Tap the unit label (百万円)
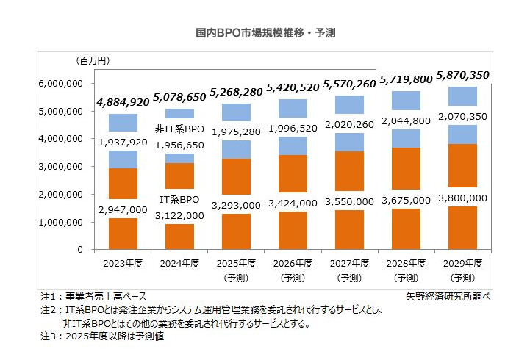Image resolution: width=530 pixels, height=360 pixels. click(x=94, y=60)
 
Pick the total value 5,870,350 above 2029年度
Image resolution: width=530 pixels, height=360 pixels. click(x=462, y=75)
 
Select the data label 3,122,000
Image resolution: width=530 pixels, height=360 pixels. click(x=179, y=215)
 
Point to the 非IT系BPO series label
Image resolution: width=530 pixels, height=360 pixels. click(x=179, y=129)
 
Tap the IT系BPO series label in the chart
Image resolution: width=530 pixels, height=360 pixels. click(x=180, y=200)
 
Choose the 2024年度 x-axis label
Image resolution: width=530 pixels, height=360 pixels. click(x=179, y=264)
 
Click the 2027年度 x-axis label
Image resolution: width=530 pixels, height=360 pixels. click(x=349, y=264)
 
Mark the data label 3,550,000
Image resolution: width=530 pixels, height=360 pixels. click(x=349, y=203)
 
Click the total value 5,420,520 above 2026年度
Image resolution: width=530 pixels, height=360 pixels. click(x=292, y=87)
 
